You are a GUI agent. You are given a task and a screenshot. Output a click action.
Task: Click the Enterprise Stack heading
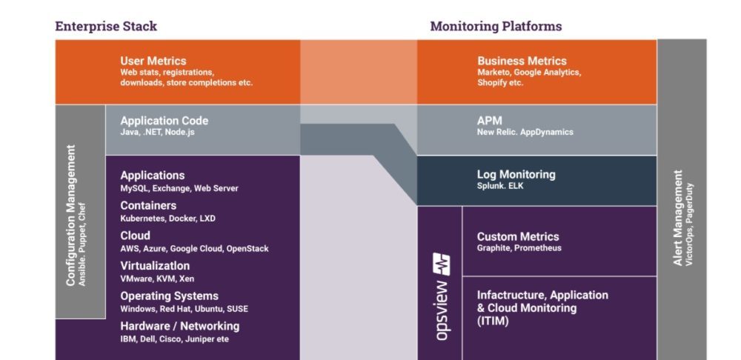[106, 27]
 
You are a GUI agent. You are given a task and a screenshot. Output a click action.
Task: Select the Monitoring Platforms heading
[496, 27]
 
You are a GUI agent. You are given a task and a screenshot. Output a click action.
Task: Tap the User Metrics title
[153, 61]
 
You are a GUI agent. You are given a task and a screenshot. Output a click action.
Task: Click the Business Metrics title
[522, 61]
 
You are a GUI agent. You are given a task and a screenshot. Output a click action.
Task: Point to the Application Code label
[165, 121]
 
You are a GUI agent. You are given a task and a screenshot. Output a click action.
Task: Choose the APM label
[490, 120]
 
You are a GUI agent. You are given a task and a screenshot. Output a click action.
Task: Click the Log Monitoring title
[516, 175]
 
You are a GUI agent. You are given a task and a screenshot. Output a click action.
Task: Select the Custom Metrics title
[517, 236]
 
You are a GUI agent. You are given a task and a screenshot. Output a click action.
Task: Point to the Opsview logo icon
[442, 264]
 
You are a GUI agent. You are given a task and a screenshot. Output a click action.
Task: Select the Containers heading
[148, 205]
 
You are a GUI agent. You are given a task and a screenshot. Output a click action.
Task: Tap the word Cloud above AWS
[135, 236]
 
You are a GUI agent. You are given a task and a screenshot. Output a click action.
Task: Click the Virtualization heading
[155, 266]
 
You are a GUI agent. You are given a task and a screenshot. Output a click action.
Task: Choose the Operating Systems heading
[169, 296]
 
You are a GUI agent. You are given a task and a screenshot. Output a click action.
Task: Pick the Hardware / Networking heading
[179, 326]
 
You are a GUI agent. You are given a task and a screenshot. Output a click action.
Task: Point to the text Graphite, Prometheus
[519, 248]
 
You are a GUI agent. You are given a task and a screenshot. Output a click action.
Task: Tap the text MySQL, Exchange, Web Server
[179, 188]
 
